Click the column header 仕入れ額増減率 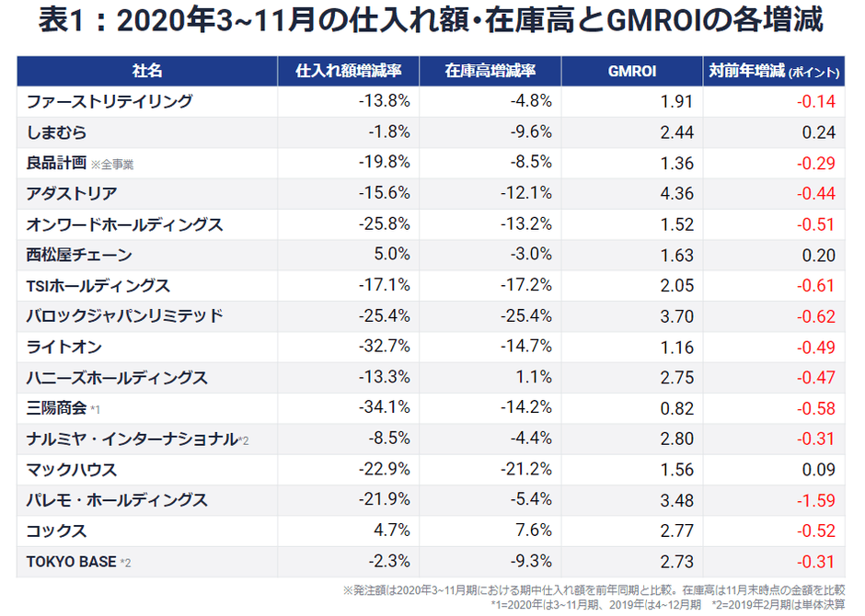point(348,71)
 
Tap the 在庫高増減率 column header point(490,71)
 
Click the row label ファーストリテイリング point(110,101)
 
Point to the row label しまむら point(57,132)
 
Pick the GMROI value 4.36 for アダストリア point(676,194)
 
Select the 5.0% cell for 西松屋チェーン point(391,255)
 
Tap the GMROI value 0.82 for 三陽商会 point(676,408)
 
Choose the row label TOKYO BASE point(72,562)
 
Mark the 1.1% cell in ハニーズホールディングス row point(534,378)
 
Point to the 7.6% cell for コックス point(534,530)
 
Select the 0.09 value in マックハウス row point(819,470)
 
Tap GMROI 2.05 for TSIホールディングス point(676,286)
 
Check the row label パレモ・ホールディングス point(117,500)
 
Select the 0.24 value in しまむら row point(819,132)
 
